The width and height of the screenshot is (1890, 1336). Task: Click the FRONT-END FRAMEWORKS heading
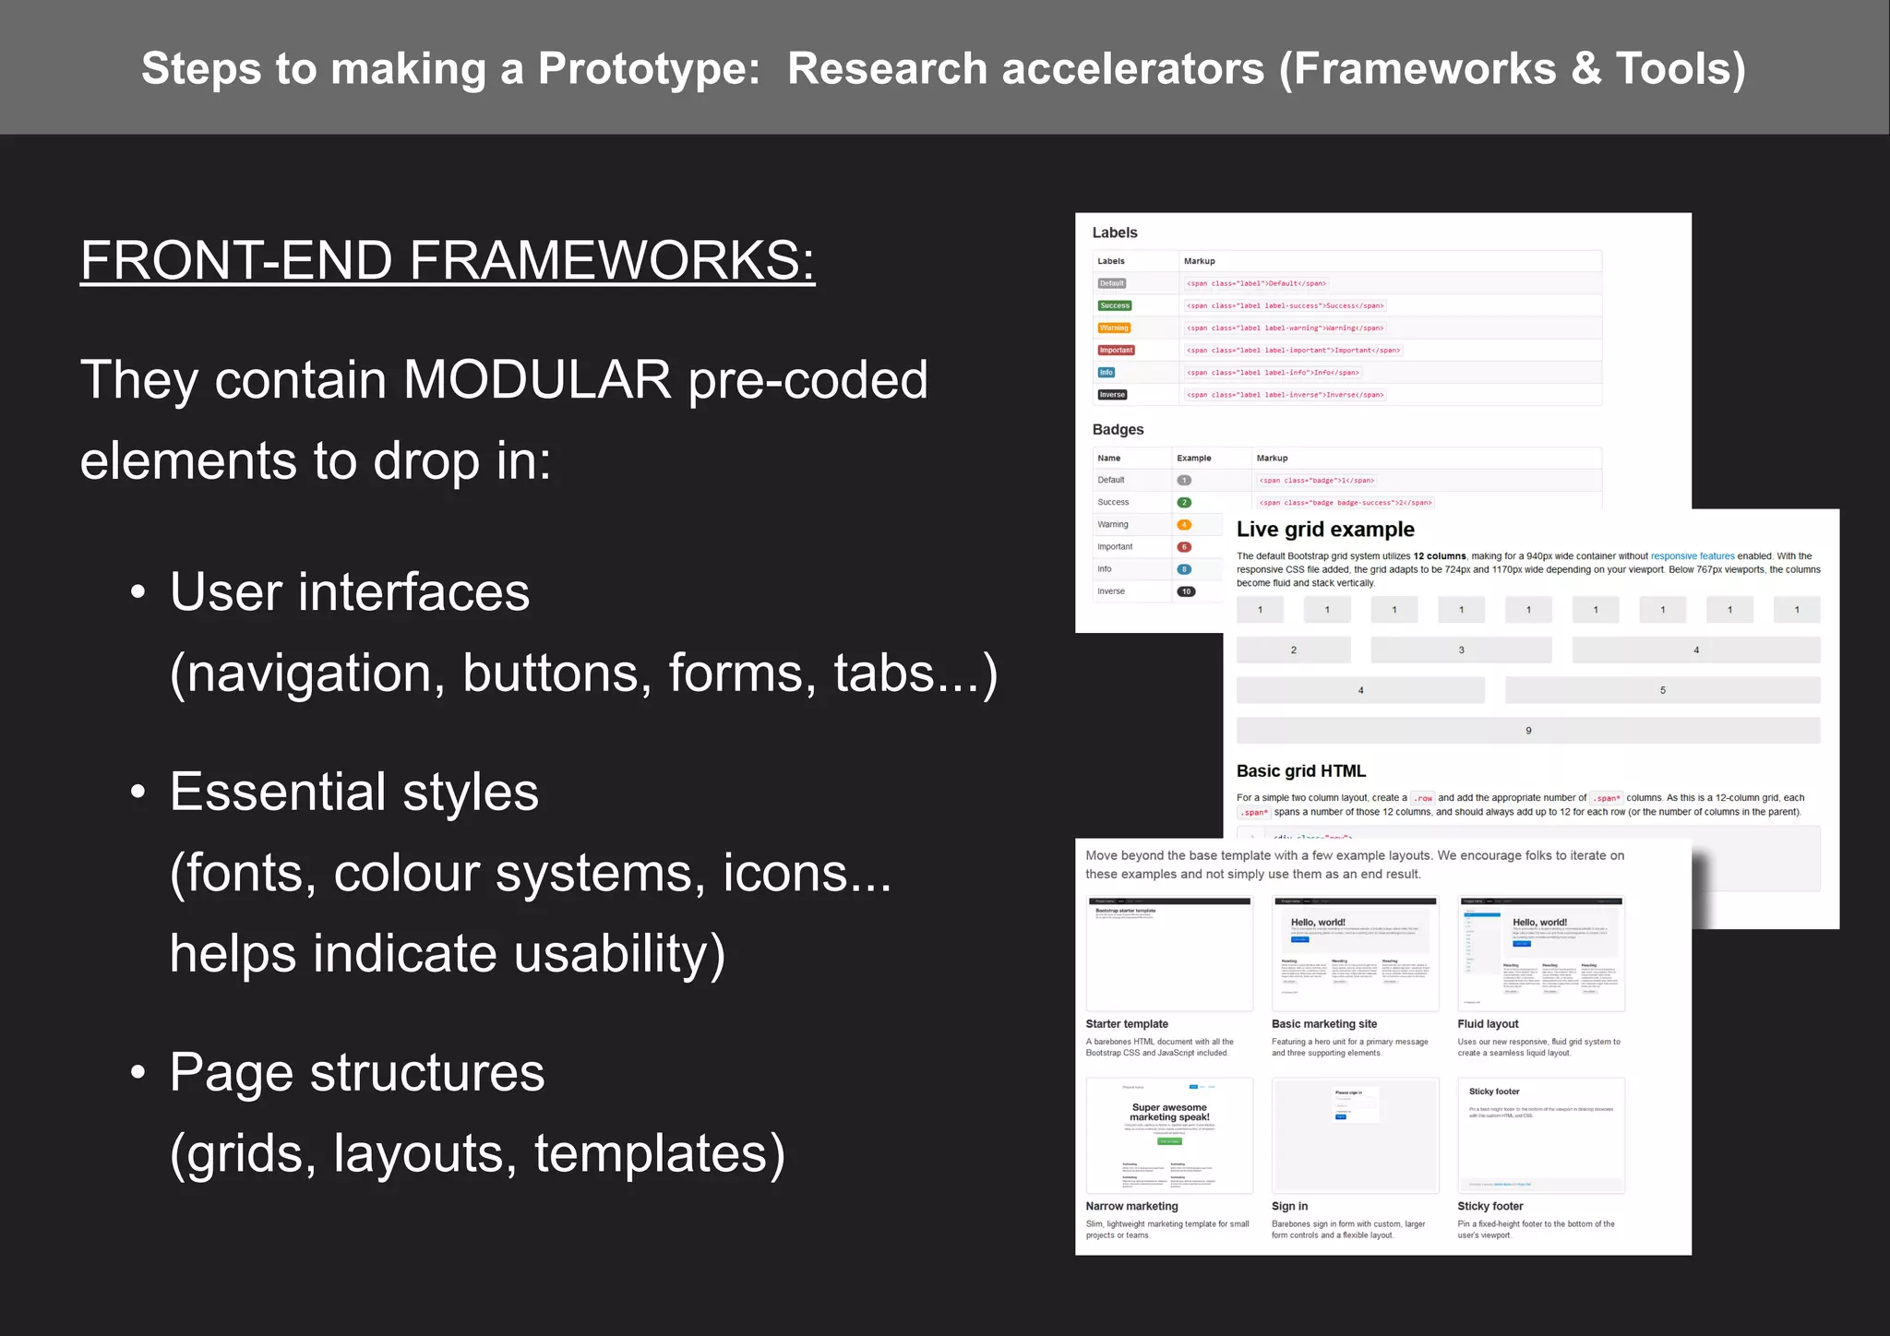tap(448, 260)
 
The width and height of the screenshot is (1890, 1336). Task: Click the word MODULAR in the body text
tap(537, 379)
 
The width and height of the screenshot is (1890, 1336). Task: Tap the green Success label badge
tap(1115, 305)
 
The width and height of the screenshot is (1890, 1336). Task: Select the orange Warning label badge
tap(1114, 328)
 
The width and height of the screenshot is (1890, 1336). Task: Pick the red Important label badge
tap(1116, 350)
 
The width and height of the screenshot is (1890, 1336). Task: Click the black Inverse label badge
tap(1112, 395)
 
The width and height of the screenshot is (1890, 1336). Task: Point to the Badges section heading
tap(1118, 429)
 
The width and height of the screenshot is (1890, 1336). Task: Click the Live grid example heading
tap(1325, 530)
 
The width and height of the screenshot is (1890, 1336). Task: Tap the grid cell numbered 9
tap(1528, 731)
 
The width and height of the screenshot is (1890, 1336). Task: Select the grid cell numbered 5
tap(1662, 690)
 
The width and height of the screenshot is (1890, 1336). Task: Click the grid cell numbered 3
tap(1461, 650)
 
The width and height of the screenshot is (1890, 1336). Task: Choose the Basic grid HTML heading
tap(1300, 771)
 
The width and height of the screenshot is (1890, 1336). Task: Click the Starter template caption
tap(1127, 1024)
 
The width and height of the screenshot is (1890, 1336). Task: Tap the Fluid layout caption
tap(1488, 1024)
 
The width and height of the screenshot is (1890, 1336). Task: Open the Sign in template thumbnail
tap(1355, 1135)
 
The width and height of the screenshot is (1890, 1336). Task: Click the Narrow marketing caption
tap(1131, 1206)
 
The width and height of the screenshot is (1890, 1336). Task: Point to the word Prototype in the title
tap(648, 69)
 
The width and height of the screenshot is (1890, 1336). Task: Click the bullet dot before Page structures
tap(138, 1072)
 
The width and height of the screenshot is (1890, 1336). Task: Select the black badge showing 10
tap(1186, 591)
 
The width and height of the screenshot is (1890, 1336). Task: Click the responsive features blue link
tap(1692, 556)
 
